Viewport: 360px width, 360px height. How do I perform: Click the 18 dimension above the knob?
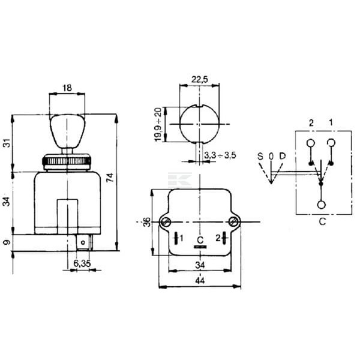[x=67, y=88]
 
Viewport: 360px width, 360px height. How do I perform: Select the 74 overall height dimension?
[x=110, y=178]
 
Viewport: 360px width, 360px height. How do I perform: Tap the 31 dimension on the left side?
[x=8, y=143]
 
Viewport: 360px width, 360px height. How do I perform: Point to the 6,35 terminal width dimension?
[x=82, y=263]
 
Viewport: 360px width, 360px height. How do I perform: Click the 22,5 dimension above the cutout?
[x=200, y=79]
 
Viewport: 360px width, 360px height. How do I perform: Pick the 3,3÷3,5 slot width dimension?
[x=220, y=155]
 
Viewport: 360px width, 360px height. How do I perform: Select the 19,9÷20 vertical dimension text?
[x=158, y=124]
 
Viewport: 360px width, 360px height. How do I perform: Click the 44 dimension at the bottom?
[x=200, y=280]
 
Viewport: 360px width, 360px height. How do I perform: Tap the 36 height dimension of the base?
[x=147, y=222]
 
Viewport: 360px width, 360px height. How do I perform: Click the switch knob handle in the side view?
[x=67, y=131]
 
